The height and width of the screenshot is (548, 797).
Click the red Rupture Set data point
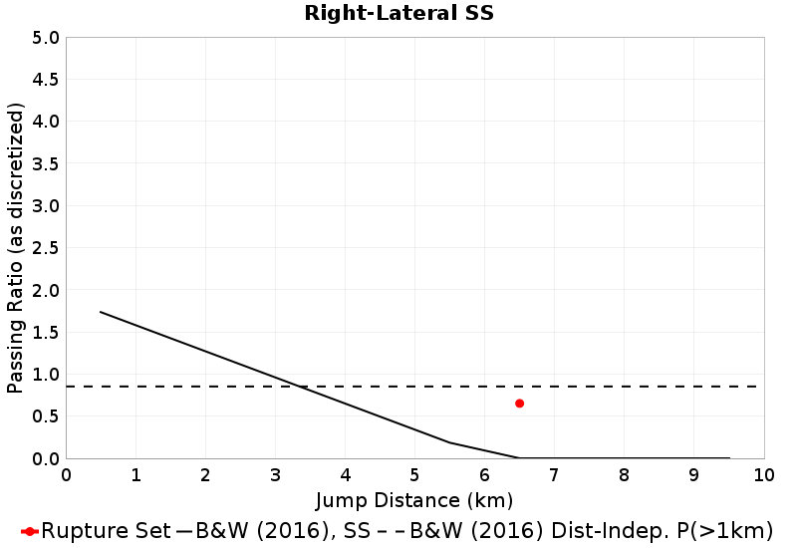pyautogui.click(x=519, y=404)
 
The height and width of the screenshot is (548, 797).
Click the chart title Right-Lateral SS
pyautogui.click(x=398, y=14)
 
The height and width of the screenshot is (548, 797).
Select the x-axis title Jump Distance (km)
pyautogui.click(x=414, y=499)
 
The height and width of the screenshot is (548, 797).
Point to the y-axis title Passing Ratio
pyautogui.click(x=16, y=248)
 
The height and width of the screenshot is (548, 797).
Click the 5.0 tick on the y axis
pyautogui.click(x=47, y=38)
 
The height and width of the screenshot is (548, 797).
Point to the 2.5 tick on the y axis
pyautogui.click(x=47, y=248)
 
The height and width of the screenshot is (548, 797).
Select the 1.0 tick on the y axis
pyautogui.click(x=47, y=375)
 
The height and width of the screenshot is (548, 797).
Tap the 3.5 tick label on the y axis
pyautogui.click(x=47, y=164)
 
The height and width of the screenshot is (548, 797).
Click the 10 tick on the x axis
pyautogui.click(x=763, y=474)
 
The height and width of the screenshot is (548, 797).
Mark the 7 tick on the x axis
pyautogui.click(x=554, y=474)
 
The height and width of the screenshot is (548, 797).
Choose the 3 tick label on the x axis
pyautogui.click(x=275, y=474)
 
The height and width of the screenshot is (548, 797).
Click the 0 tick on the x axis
pyautogui.click(x=67, y=474)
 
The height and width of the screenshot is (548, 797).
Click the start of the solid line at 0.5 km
pyautogui.click(x=101, y=312)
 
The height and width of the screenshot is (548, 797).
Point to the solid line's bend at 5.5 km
pyautogui.click(x=449, y=442)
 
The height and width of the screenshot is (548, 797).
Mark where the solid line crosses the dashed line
pyautogui.click(x=302, y=387)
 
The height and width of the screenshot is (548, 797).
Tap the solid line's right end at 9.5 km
pyautogui.click(x=728, y=458)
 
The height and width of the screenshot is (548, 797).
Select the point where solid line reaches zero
pyautogui.click(x=519, y=458)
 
